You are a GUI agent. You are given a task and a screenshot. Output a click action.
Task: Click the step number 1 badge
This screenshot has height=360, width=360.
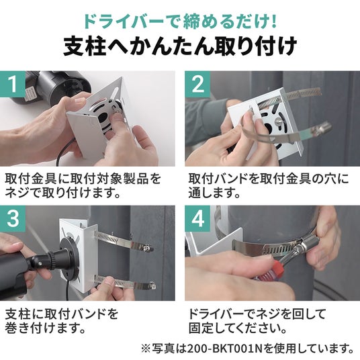point(13,84)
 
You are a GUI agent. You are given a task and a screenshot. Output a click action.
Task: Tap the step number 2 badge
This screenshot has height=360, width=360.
point(197,84)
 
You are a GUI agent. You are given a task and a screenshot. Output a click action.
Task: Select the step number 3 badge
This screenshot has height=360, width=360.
point(13,218)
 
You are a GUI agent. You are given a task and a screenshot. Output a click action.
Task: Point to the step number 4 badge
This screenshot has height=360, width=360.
point(197,218)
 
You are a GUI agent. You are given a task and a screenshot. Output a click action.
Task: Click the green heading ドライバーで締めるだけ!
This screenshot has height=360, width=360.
point(180,21)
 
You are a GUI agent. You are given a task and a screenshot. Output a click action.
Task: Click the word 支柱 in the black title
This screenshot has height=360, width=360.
point(85,46)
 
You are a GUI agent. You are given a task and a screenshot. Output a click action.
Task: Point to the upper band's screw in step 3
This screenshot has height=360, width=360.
point(146,248)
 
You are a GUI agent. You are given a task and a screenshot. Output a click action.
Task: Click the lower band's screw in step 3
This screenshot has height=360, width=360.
point(152,285)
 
